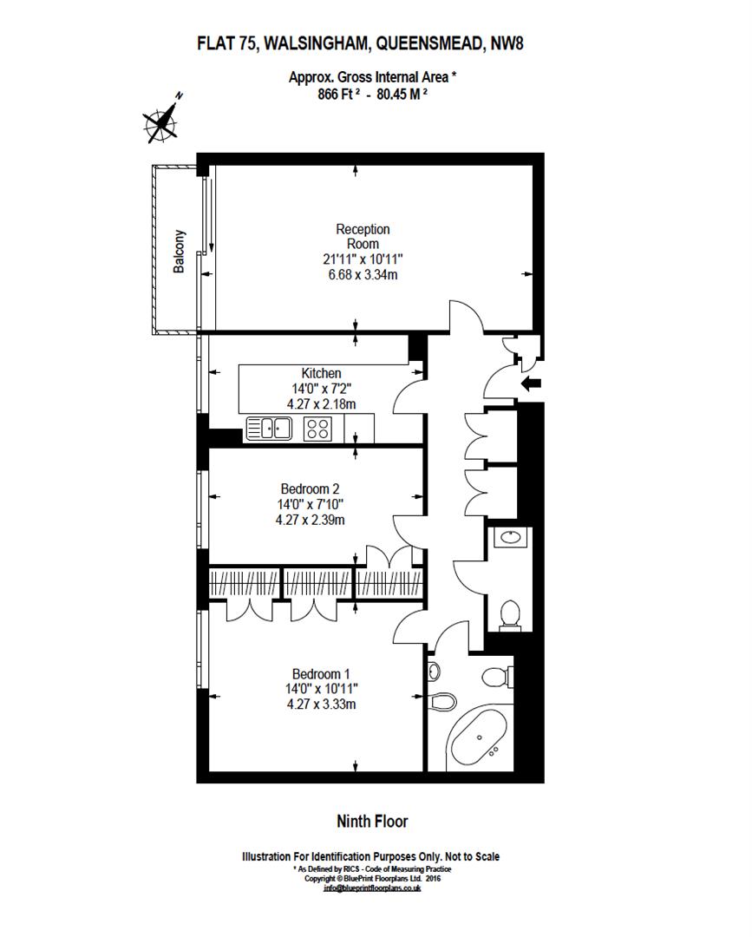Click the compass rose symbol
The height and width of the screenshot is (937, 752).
(x=162, y=121)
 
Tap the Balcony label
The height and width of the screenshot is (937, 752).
(x=180, y=252)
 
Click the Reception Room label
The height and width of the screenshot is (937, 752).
(x=363, y=237)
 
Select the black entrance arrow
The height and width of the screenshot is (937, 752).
(x=530, y=383)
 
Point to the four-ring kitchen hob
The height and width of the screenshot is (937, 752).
(x=317, y=427)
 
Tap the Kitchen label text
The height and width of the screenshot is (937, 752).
(x=321, y=373)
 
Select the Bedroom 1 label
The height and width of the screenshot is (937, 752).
(x=321, y=673)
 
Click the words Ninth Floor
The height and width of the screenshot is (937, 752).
(x=372, y=821)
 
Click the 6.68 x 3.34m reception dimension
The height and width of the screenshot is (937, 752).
(x=363, y=275)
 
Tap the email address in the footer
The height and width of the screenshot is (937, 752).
(x=371, y=888)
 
